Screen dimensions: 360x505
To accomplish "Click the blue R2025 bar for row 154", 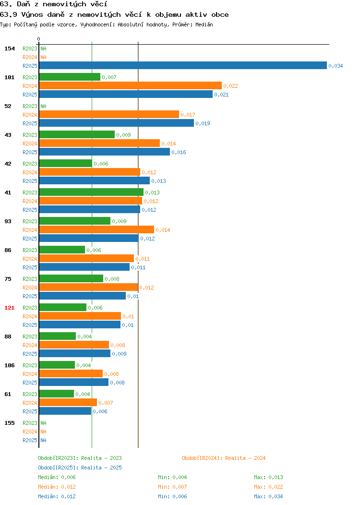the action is tap(183, 65).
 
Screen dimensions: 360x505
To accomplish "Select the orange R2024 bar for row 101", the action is tap(131, 85).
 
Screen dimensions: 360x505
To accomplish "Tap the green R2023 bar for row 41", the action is tap(91, 192).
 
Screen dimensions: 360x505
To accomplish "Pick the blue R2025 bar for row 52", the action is tap(117, 123).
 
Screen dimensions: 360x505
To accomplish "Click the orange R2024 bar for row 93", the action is tap(96, 229).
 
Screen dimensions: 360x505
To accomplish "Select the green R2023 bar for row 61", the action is tap(57, 394).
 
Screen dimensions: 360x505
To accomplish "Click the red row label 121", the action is tap(9, 308).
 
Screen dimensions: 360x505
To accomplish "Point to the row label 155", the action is tap(9, 423).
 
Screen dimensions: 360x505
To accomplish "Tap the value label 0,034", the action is tap(336, 66).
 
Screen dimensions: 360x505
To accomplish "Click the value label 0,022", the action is tap(230, 86).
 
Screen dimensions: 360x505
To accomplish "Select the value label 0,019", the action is tap(203, 123).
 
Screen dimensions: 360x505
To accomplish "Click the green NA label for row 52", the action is tap(44, 106).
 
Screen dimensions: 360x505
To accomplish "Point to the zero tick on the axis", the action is tap(39, 39).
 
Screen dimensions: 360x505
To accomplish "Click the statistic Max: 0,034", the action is tap(268, 496).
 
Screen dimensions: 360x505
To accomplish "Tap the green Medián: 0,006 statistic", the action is tap(57, 477).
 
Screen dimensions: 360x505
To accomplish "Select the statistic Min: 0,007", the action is tap(172, 487).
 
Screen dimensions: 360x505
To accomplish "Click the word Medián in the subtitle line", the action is tap(204, 24).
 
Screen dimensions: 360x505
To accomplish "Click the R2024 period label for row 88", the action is tap(30, 345).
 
